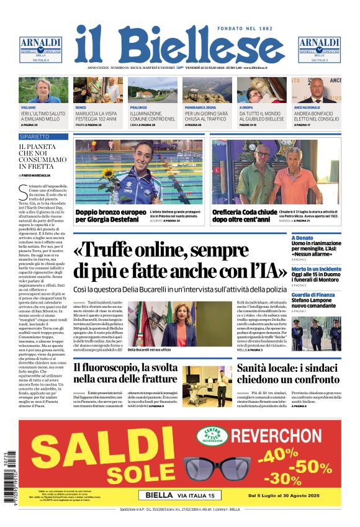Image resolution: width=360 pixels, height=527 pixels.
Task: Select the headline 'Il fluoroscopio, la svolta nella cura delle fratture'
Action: (x=127, y=372)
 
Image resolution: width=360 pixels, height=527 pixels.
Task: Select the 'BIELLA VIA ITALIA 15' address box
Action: (x=179, y=495)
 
